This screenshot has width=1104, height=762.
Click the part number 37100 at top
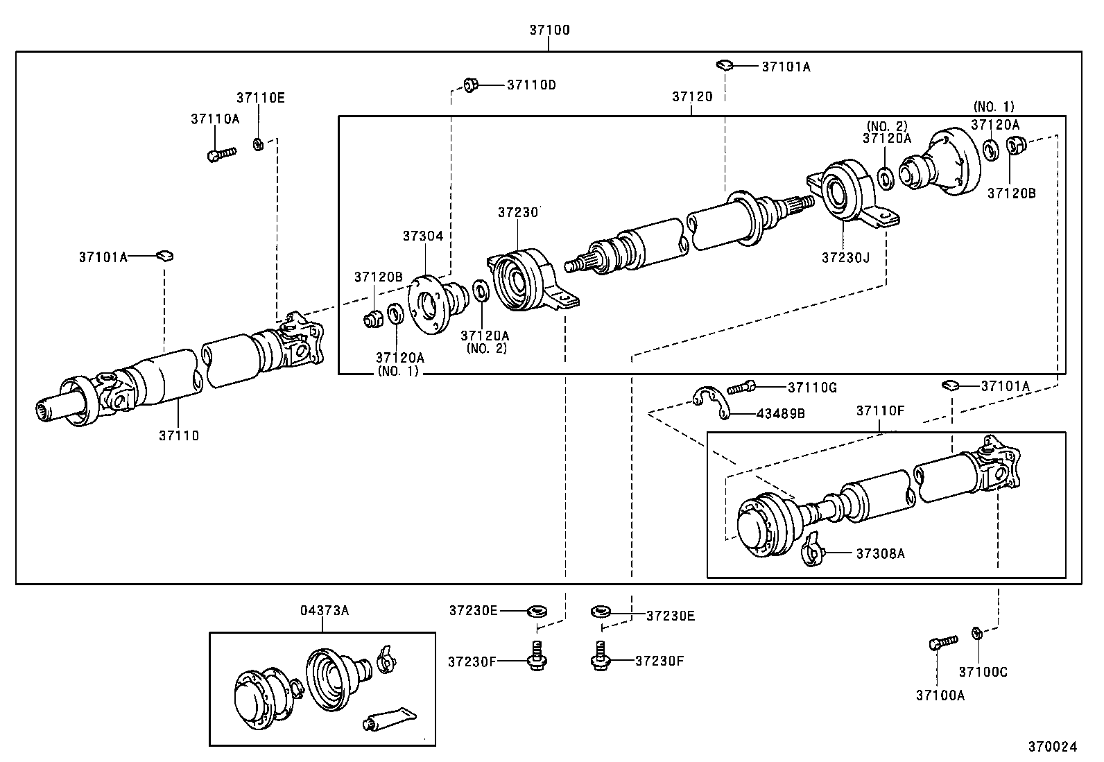(x=549, y=30)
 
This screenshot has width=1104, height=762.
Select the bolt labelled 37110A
(x=221, y=153)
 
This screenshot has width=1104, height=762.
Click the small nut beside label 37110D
(x=471, y=85)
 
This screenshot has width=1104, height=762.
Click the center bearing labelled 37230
(x=521, y=279)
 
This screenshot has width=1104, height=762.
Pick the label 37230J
(x=845, y=257)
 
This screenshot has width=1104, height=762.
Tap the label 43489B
(x=780, y=413)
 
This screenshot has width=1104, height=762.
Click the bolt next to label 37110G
(x=741, y=388)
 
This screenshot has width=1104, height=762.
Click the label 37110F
(x=880, y=410)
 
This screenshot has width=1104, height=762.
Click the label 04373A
(x=324, y=611)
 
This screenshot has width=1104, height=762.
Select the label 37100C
(x=983, y=672)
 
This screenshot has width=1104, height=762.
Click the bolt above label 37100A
(x=942, y=642)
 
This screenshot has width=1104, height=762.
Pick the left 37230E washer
(x=536, y=612)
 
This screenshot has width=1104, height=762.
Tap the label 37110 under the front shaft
(x=179, y=435)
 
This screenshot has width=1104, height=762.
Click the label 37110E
(x=260, y=98)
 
